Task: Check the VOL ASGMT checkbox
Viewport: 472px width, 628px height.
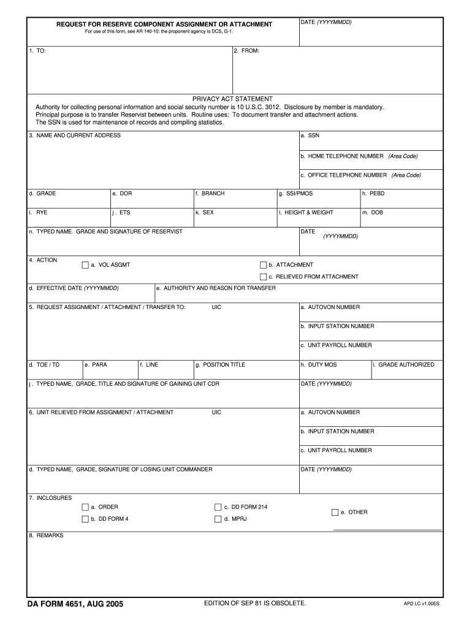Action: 85,265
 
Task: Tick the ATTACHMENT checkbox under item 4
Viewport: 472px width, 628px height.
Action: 263,265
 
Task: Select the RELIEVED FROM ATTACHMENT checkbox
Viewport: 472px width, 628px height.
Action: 263,277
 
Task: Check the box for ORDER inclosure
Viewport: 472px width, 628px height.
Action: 85,507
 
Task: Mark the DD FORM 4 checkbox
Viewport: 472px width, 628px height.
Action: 85,519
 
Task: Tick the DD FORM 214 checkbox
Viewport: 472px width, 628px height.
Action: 218,507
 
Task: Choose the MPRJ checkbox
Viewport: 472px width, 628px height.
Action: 218,519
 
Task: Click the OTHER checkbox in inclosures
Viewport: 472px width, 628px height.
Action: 335,512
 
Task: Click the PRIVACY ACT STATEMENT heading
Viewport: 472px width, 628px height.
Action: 232,99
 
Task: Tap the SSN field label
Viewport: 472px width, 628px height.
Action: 310,136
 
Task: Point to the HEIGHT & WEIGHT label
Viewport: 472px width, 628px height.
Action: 306,213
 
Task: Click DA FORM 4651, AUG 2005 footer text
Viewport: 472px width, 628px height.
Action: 75,604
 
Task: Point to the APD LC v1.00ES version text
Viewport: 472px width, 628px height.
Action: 421,604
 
